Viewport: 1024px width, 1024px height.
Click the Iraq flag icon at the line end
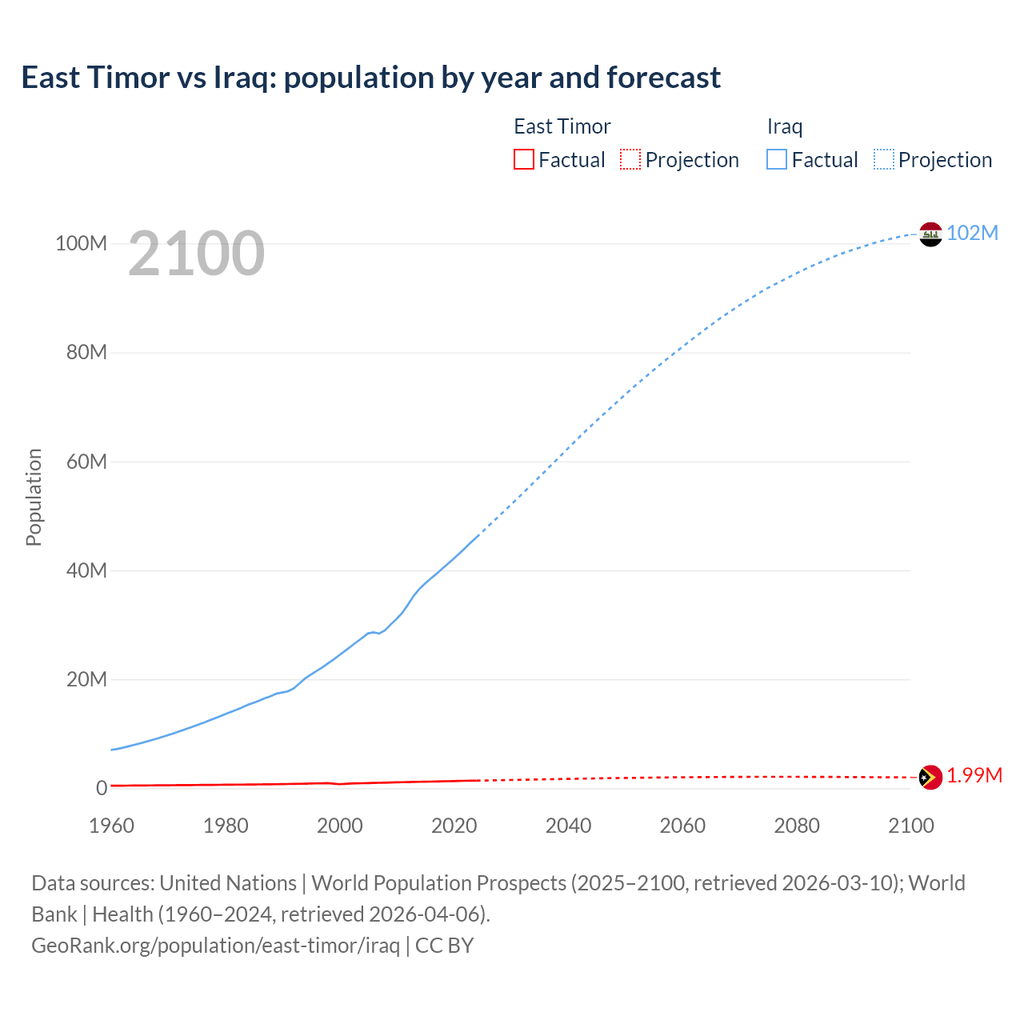(x=930, y=234)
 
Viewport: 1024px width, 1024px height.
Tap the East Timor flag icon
(x=930, y=777)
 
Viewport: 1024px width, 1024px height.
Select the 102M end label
(x=972, y=233)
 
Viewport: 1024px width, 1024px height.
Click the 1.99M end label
(x=974, y=776)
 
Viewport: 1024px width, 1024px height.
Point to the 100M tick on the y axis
(x=81, y=243)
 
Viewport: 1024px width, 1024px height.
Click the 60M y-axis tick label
(x=86, y=462)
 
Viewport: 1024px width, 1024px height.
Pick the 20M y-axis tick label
(x=86, y=679)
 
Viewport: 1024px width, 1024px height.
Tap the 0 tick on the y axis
(x=102, y=788)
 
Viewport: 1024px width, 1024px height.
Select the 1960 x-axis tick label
(x=111, y=826)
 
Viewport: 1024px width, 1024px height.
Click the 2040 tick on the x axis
(x=568, y=826)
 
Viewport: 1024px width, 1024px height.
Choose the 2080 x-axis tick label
(x=797, y=826)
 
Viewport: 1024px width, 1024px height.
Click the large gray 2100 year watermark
(x=196, y=254)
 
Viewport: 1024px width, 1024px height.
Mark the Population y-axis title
(x=34, y=497)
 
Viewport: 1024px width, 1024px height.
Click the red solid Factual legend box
(x=524, y=159)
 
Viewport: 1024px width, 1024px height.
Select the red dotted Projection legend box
(x=630, y=159)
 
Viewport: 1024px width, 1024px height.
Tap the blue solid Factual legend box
(x=777, y=159)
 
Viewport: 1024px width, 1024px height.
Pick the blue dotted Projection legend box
(x=884, y=159)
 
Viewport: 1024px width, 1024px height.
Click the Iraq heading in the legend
(x=785, y=126)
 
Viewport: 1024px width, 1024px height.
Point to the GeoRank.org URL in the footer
(x=215, y=946)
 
